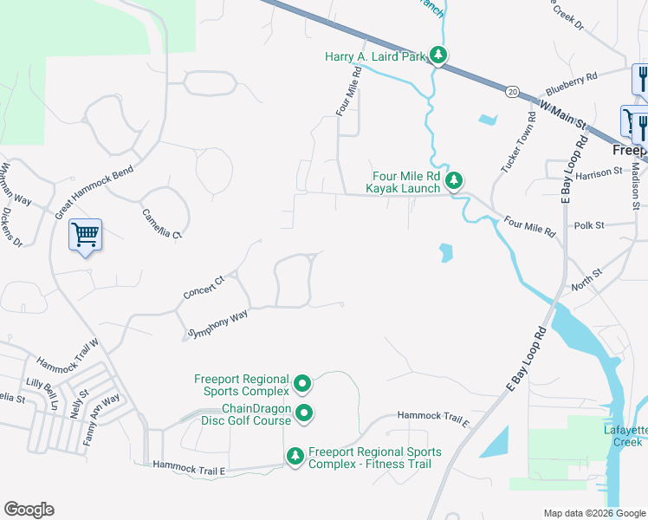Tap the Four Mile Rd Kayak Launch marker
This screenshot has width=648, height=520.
coord(454,181)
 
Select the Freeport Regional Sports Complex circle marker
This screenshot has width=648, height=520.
coord(302,382)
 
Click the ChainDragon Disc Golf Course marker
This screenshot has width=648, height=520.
coord(304,415)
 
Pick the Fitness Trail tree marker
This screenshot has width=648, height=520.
coord(295,455)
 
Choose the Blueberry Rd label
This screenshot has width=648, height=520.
coord(572,83)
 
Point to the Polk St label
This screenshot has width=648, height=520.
coord(588,224)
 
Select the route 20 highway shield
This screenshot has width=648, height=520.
coord(513,90)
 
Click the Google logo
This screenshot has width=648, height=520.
coord(29,510)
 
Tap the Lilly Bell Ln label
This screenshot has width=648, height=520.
coord(42,387)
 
